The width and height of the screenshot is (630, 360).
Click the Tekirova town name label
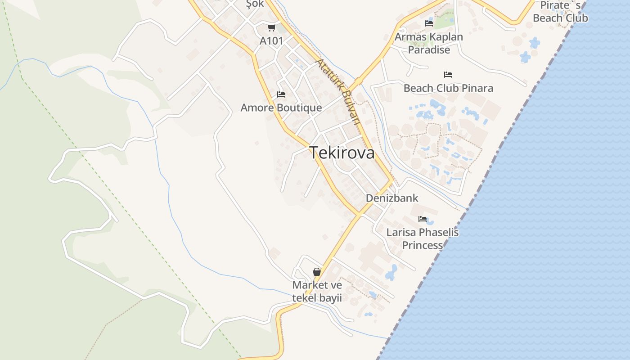tap(342, 153)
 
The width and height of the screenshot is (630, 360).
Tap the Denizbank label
tap(392, 198)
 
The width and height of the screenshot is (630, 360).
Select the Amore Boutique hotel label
tap(281, 108)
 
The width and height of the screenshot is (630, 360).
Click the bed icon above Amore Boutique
tap(281, 94)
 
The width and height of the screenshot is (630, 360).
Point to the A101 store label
tap(272, 41)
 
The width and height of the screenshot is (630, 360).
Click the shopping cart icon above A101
tap(271, 28)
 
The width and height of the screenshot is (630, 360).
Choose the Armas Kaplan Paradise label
tap(429, 43)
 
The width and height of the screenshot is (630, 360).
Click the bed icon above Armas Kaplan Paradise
tap(429, 23)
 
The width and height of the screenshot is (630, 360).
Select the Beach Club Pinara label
tap(448, 88)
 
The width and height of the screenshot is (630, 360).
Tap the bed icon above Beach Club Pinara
tap(448, 74)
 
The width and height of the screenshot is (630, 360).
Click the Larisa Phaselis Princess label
tap(423, 238)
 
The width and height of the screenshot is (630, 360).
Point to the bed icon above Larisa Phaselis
tap(423, 219)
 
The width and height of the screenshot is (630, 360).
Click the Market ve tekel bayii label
tap(317, 291)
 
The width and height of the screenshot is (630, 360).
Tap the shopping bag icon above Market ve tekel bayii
tap(317, 272)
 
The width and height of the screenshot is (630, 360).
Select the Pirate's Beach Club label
tap(560, 12)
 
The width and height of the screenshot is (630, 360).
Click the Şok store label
tap(255, 4)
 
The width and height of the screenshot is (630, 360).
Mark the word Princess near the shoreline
tap(423, 245)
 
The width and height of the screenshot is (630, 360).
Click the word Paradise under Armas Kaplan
tap(429, 49)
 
